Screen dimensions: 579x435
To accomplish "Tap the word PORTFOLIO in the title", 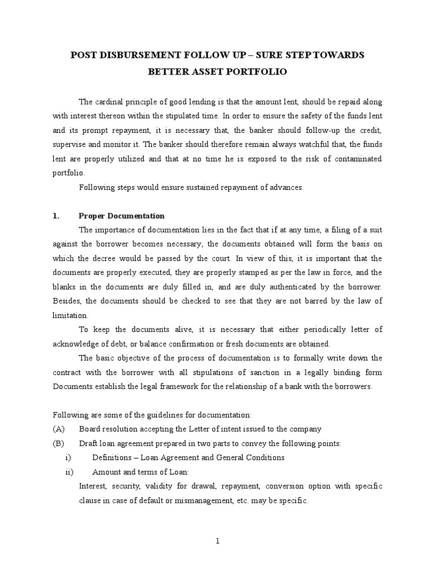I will [x=257, y=72].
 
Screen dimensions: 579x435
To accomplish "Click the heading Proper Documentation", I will [x=122, y=215].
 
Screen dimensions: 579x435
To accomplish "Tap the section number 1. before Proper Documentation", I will [x=56, y=215].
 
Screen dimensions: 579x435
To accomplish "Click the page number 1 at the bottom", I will [x=217, y=541].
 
